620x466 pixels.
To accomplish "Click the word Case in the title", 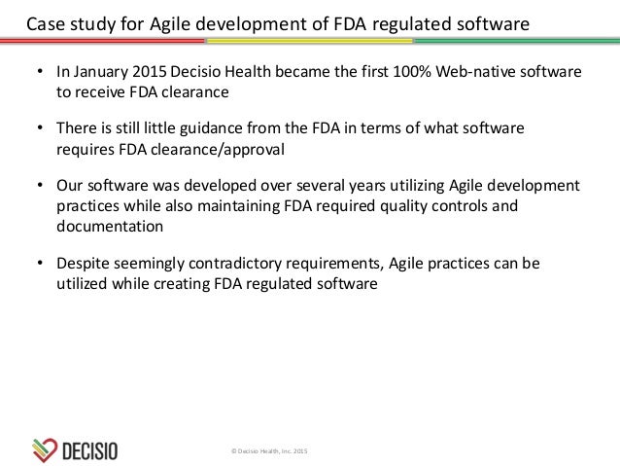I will point(45,22).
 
